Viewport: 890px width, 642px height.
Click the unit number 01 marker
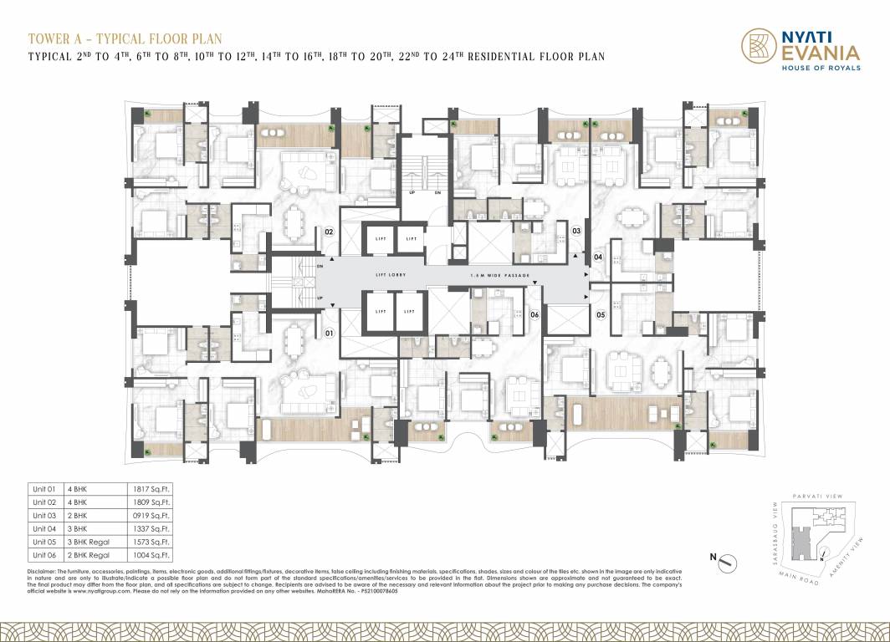click(330, 334)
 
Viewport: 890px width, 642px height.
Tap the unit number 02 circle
click(330, 232)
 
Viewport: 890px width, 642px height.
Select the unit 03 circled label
click(576, 231)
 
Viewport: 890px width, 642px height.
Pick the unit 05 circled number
click(601, 315)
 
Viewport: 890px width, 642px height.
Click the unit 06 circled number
click(534, 315)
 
